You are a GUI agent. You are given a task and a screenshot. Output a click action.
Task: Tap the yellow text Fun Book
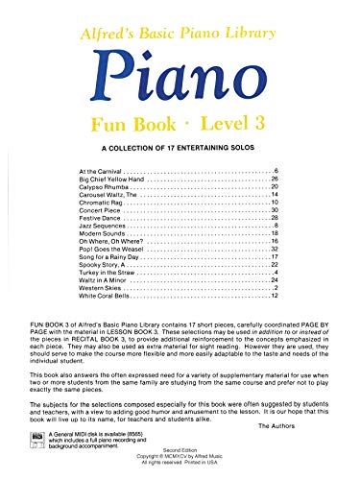[x=130, y=123]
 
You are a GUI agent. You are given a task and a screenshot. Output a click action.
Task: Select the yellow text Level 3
[x=226, y=123]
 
